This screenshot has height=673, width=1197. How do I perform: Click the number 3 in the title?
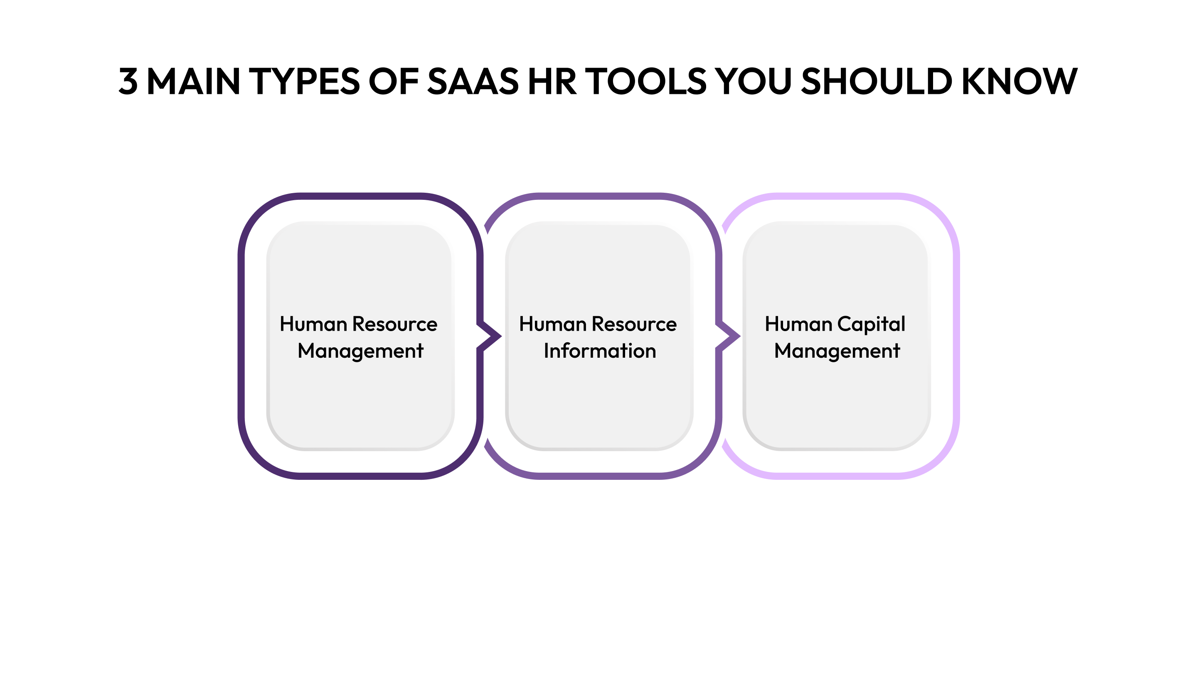(128, 81)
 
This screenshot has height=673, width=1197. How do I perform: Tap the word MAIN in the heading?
(193, 81)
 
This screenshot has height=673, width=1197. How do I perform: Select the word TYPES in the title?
(304, 81)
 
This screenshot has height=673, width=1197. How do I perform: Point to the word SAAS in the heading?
(473, 81)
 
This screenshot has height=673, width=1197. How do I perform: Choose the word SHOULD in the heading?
(877, 81)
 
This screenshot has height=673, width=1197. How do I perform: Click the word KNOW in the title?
(1019, 81)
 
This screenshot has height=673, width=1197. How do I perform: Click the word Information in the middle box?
(600, 351)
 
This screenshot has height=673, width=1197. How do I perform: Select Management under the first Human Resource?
(360, 351)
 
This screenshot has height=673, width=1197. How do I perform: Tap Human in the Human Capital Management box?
(798, 324)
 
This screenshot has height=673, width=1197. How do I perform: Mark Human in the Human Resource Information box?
(552, 324)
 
